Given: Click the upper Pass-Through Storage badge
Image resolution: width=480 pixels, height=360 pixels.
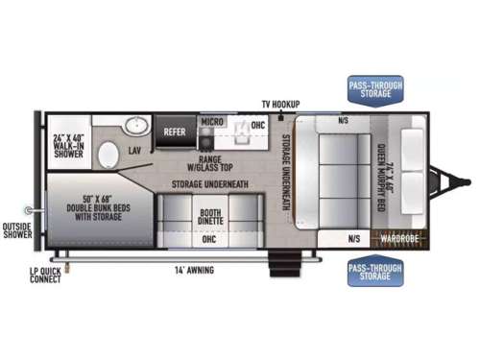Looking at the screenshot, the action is click(x=375, y=91).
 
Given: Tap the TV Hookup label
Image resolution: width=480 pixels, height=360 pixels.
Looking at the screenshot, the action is click(x=280, y=103).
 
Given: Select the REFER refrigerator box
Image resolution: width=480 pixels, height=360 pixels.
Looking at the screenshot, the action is click(x=175, y=133).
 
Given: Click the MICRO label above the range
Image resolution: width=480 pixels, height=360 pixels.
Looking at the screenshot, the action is click(x=212, y=122).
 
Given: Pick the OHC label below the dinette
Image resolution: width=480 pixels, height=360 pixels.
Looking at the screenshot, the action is click(x=209, y=239).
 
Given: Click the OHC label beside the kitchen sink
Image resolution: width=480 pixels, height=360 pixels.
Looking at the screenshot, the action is click(x=258, y=125).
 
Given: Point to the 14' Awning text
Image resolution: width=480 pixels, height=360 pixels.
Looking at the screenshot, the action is click(x=194, y=270).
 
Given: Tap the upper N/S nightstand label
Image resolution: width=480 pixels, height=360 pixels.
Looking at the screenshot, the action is click(x=344, y=121).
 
